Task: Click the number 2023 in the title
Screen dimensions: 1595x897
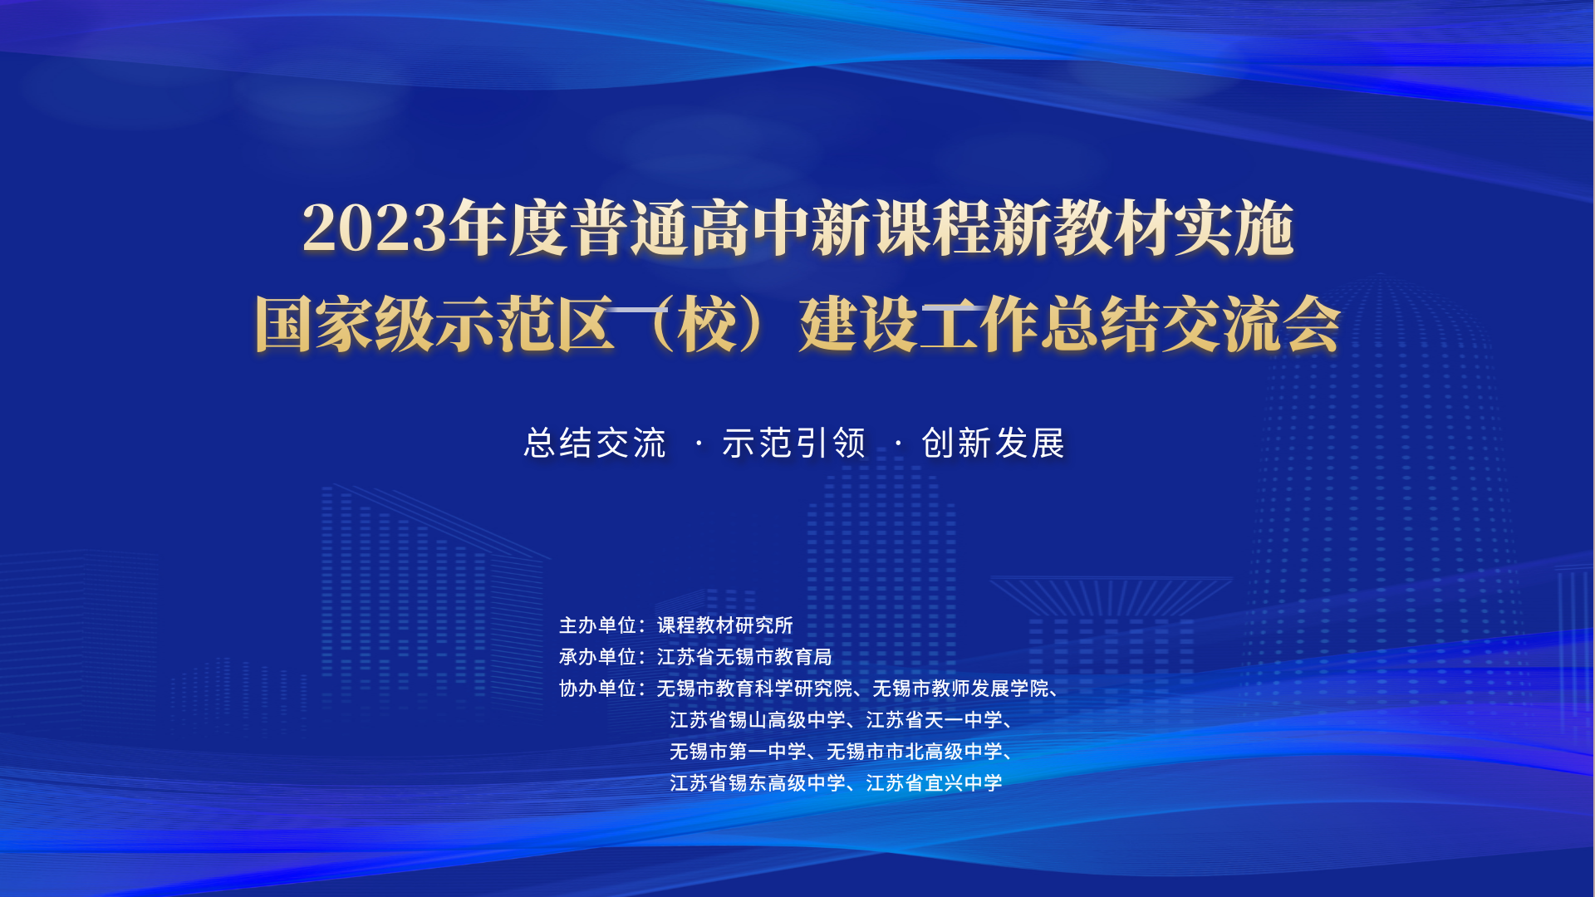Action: (375, 228)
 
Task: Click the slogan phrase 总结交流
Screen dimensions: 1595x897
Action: (595, 444)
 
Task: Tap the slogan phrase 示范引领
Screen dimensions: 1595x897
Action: (794, 444)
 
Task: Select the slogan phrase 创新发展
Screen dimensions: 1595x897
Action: (994, 444)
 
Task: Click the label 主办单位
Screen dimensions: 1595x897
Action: (597, 625)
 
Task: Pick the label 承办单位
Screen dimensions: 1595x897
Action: (597, 657)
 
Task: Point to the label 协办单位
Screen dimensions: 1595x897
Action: (597, 689)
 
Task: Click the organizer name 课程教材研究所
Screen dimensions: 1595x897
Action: (725, 625)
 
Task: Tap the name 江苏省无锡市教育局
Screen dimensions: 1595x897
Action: (744, 657)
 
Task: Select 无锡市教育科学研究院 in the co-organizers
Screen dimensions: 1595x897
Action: (754, 689)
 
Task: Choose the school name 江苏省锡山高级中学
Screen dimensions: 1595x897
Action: (758, 720)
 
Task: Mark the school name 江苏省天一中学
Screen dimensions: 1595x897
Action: (935, 720)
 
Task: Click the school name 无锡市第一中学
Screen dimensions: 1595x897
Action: (738, 752)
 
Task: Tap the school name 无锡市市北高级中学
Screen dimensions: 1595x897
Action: (915, 752)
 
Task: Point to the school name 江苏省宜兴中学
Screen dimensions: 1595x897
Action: (935, 783)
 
